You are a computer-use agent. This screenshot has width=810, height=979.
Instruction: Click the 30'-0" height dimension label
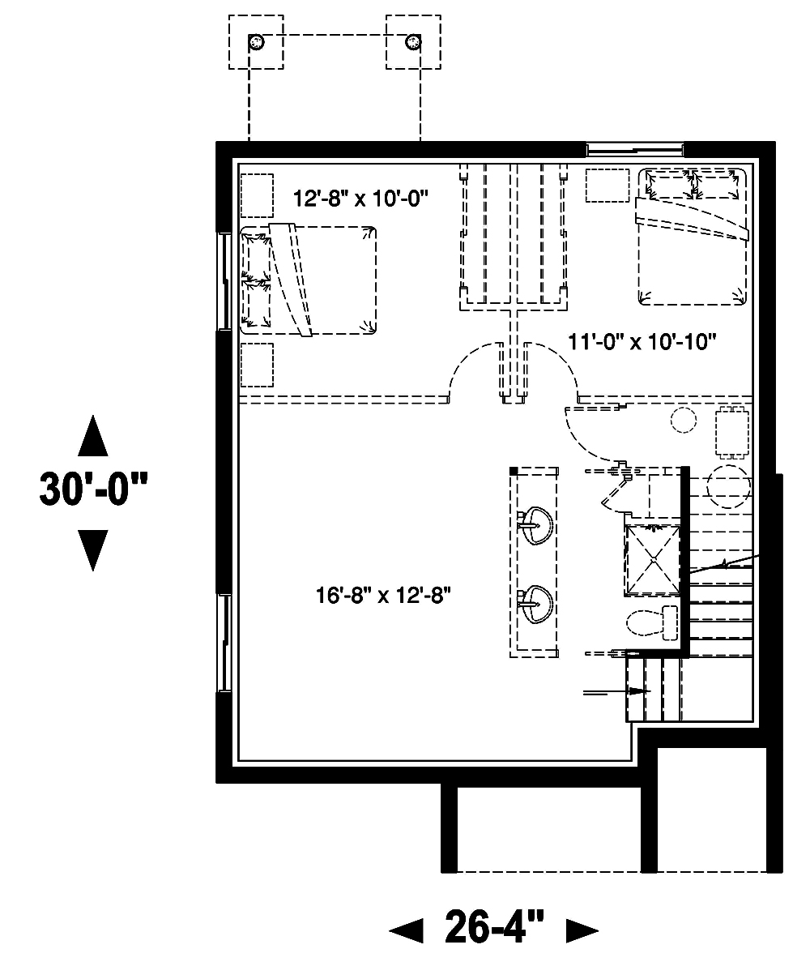pyautogui.click(x=94, y=490)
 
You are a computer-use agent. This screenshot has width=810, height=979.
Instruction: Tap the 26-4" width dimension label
pyautogui.click(x=493, y=927)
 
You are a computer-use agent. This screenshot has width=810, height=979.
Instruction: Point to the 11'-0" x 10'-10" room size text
pyautogui.click(x=642, y=342)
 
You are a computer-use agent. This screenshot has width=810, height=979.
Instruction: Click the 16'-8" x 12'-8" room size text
pyautogui.click(x=382, y=596)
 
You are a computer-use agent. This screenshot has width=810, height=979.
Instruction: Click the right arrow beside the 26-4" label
pyautogui.click(x=582, y=930)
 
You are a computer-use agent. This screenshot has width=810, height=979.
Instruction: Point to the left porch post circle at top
pyautogui.click(x=256, y=41)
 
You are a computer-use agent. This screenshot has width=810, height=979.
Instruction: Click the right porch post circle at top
pyautogui.click(x=414, y=41)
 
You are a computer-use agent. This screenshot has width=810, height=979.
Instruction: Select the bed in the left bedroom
pyautogui.click(x=309, y=280)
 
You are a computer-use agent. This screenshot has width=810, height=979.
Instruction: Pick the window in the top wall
pyautogui.click(x=635, y=149)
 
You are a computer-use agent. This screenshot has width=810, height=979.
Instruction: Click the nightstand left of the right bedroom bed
pyautogui.click(x=607, y=185)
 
